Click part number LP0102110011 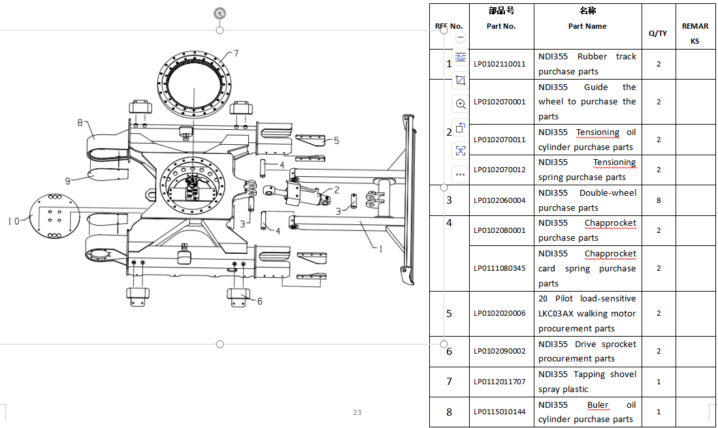[x=499, y=64]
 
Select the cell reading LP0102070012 [x=499, y=170]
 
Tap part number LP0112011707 [x=499, y=382]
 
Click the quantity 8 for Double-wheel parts [x=659, y=200]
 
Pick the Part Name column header [x=587, y=26]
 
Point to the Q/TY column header [x=658, y=33]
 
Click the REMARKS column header [x=695, y=33]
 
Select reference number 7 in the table [x=449, y=382]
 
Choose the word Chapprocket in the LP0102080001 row [x=610, y=222]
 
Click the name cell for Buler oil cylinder [x=587, y=412]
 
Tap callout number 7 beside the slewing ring [x=236, y=53]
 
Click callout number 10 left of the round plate [x=14, y=221]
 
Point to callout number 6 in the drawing [x=259, y=301]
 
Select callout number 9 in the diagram [x=68, y=181]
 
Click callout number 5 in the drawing [x=336, y=140]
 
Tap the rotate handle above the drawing [x=220, y=13]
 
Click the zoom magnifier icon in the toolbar [x=461, y=104]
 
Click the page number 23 [x=357, y=412]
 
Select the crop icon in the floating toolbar [x=461, y=80]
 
